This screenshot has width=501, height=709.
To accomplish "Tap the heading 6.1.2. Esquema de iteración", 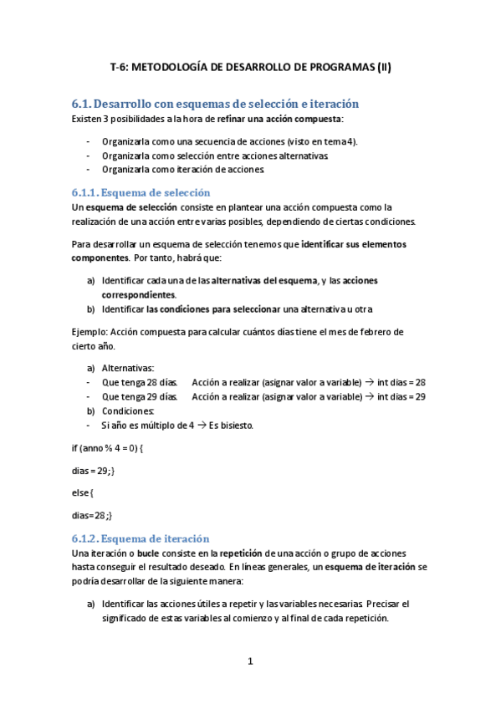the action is click(140, 538).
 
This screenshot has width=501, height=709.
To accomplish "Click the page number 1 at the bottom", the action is click(250, 661).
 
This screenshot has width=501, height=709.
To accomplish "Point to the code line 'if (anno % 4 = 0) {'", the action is click(108, 448).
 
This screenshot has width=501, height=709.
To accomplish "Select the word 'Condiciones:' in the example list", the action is click(128, 411).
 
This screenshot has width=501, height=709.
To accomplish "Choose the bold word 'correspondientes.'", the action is click(139, 295).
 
